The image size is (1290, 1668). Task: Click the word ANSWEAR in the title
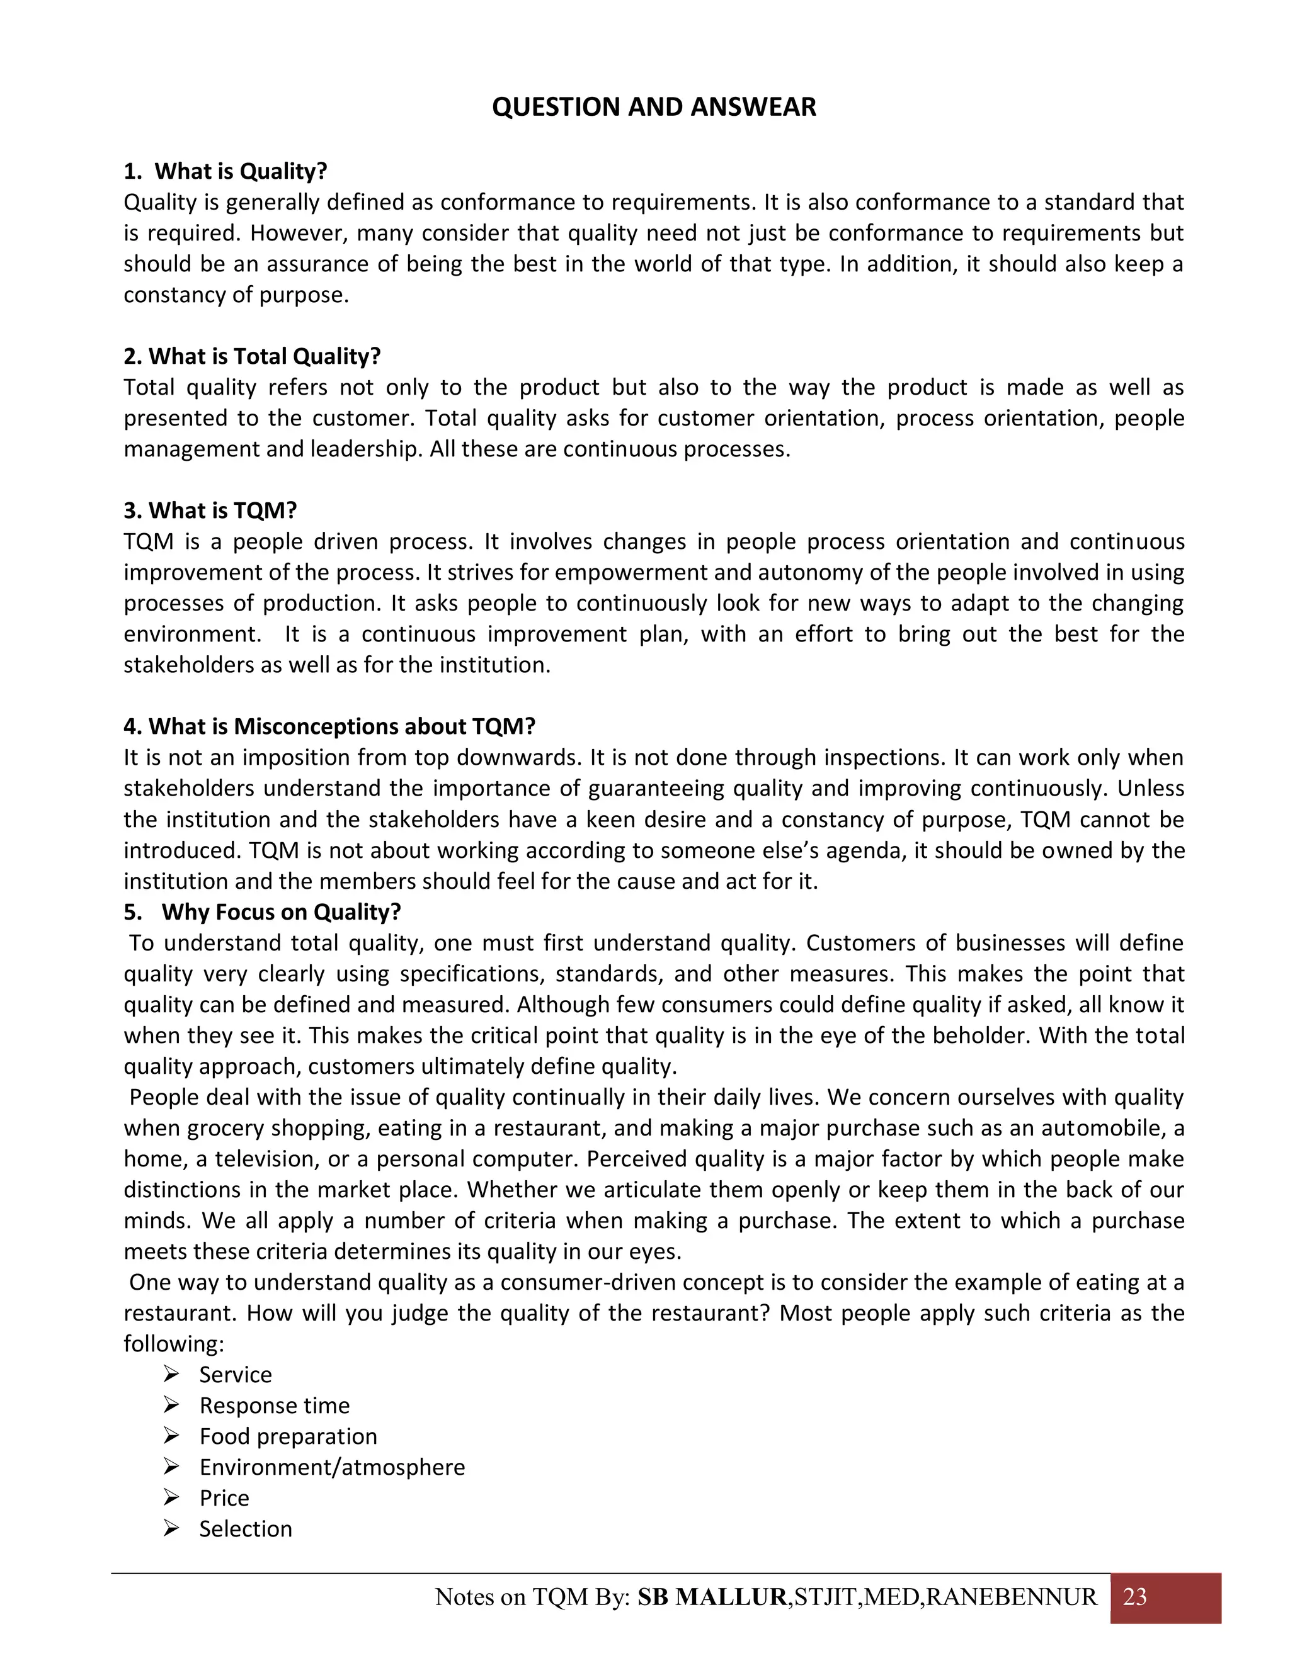(x=753, y=107)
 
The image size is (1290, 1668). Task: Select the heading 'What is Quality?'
(x=240, y=171)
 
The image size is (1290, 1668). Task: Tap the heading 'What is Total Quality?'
(x=264, y=357)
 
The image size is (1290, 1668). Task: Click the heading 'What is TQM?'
(x=222, y=511)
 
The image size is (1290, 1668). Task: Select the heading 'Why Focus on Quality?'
(x=280, y=912)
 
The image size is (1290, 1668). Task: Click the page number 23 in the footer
(x=1135, y=1597)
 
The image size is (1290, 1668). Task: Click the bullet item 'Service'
(x=236, y=1375)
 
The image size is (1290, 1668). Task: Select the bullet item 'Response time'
(x=275, y=1406)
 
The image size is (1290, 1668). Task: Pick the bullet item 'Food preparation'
(x=288, y=1436)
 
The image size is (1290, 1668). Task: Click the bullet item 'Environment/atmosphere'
(x=332, y=1467)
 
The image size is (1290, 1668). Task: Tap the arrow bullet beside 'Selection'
(x=171, y=1528)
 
